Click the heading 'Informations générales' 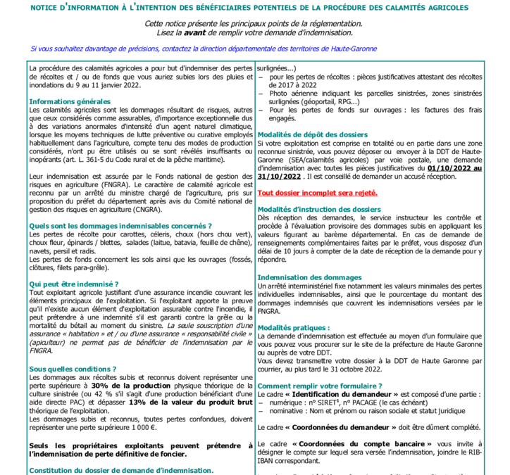pos(70,101)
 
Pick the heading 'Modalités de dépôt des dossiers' pos(312,134)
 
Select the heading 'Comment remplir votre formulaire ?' pos(320,386)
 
